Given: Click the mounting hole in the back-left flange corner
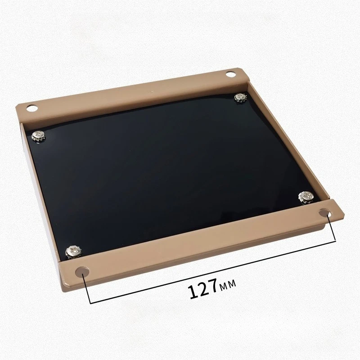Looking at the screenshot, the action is [x=31, y=108].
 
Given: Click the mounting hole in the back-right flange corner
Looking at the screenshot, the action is [x=231, y=74].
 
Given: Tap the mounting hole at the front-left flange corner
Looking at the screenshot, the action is [x=82, y=272].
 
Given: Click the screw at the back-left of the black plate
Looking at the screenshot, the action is [x=38, y=136].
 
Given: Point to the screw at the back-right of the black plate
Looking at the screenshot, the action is [x=241, y=98].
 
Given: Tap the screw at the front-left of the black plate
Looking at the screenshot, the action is [x=73, y=252].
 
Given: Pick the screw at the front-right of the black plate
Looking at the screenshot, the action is [x=306, y=197].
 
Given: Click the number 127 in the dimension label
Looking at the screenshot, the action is [x=202, y=288].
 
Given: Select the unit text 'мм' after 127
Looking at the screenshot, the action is [x=228, y=284].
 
